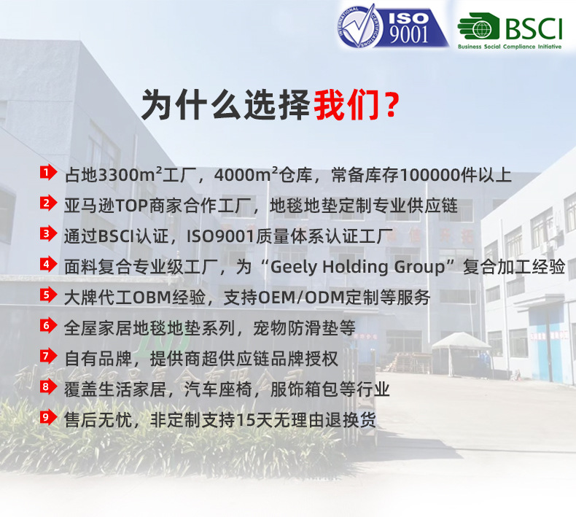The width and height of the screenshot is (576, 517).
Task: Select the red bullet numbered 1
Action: coord(47,173)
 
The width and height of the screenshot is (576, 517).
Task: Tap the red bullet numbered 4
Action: coord(47,265)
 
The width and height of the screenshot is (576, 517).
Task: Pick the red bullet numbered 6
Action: coord(47,326)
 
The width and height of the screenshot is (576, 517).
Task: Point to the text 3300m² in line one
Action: coord(125,176)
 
